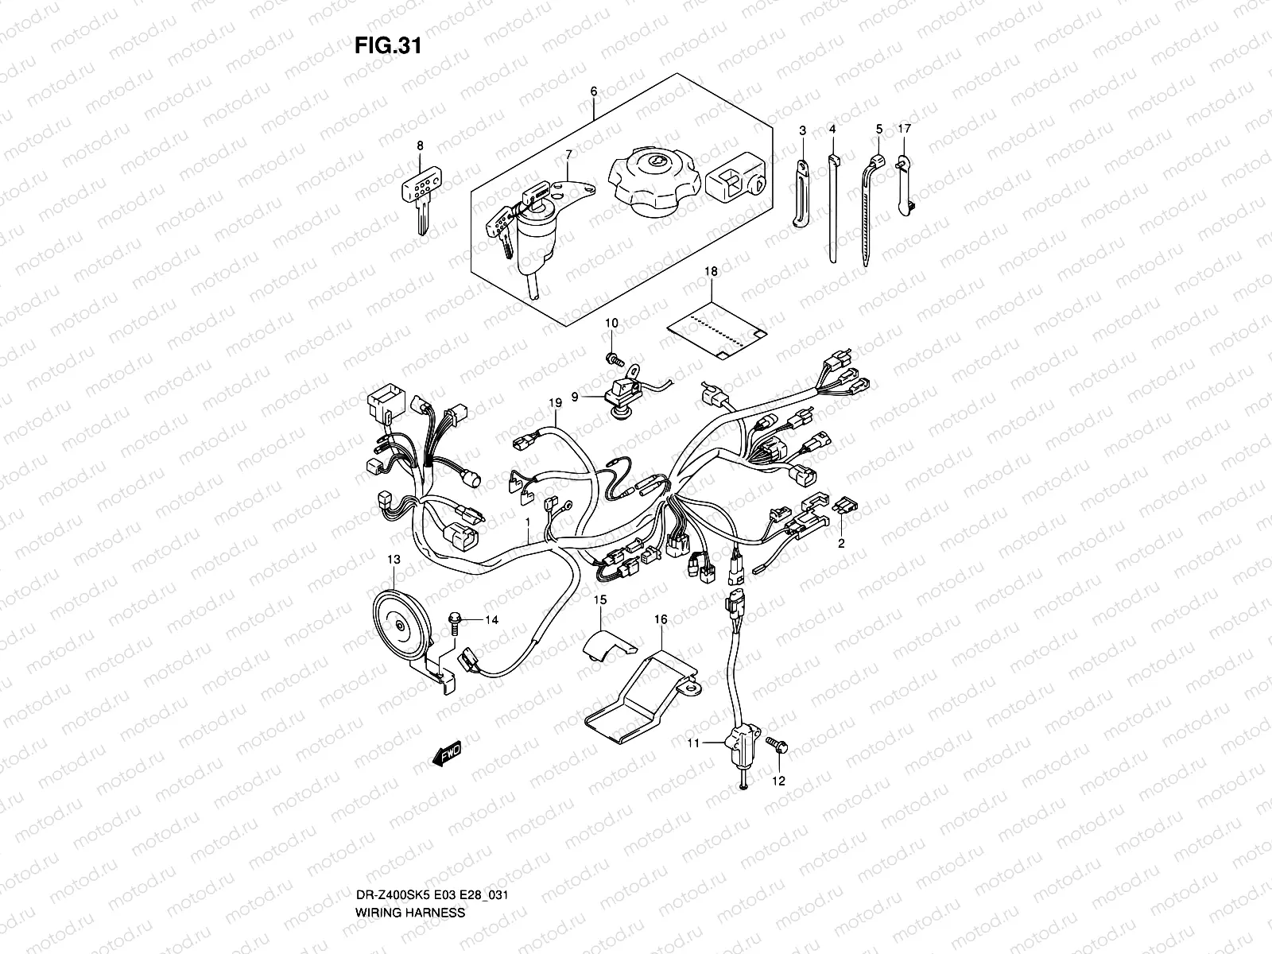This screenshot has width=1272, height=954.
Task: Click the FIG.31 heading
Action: coord(387,46)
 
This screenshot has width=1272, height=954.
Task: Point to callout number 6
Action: coord(593,91)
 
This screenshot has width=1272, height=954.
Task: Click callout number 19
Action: coord(555,404)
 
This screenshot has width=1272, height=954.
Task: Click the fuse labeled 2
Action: coord(848,506)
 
